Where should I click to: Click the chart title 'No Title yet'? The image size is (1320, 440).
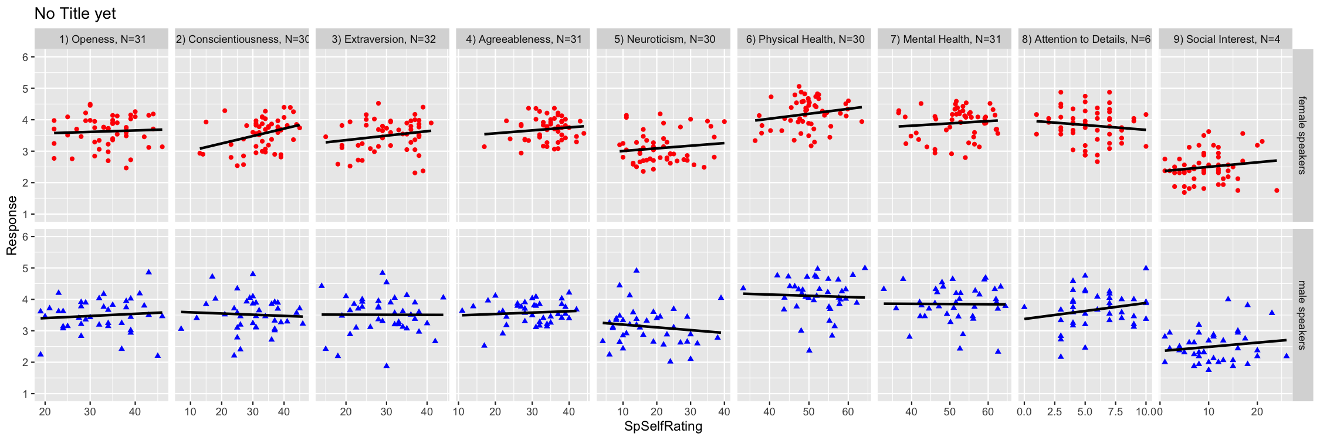click(x=75, y=13)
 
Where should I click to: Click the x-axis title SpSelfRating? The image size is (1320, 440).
click(x=663, y=427)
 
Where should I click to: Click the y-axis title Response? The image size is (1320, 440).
click(x=12, y=225)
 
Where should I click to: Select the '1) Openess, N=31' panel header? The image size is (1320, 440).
click(x=102, y=39)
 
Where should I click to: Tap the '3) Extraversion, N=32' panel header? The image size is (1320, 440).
click(x=384, y=39)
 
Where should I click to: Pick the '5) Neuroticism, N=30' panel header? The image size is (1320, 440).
click(x=665, y=39)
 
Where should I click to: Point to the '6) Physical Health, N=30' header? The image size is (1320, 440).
click(x=805, y=39)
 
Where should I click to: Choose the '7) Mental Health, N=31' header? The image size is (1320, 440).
click(x=946, y=39)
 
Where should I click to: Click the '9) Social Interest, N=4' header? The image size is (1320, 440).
click(x=1227, y=39)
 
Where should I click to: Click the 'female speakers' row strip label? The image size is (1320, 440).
click(x=1302, y=136)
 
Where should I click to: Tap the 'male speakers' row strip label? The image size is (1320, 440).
click(x=1302, y=315)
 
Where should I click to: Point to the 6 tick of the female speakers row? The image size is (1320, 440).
click(x=25, y=57)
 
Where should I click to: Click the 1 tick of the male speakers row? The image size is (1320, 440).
click(x=25, y=394)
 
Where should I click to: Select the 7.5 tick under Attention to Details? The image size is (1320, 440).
click(x=1115, y=412)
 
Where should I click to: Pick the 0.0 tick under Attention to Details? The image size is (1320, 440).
click(x=1024, y=412)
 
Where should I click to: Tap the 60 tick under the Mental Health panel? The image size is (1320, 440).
click(x=987, y=412)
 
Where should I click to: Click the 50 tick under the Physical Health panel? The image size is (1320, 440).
click(x=808, y=412)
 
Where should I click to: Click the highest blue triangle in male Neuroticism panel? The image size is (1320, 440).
click(x=637, y=270)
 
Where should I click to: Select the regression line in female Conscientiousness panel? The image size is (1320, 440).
click(x=251, y=137)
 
